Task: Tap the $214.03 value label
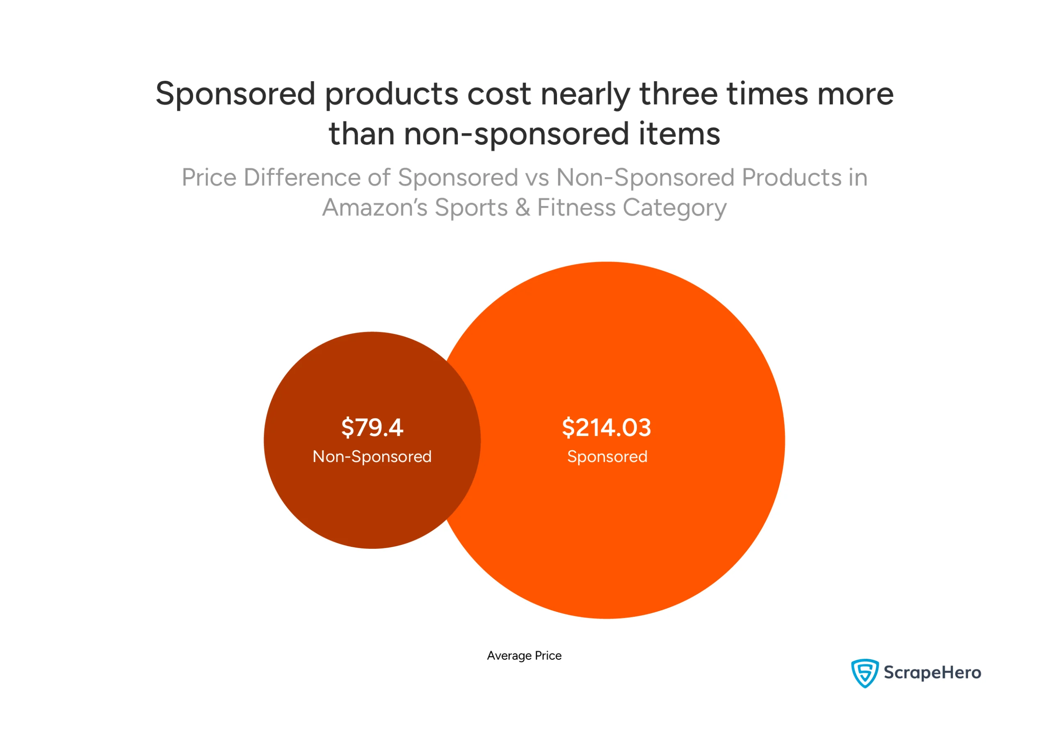tap(606, 427)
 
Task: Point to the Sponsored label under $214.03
tap(607, 457)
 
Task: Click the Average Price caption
tap(524, 655)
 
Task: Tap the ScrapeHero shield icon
tap(864, 673)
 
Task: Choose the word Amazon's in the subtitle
tap(375, 207)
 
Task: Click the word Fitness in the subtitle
tap(576, 207)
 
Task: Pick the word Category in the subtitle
tap(675, 208)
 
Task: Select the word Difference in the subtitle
tap(302, 178)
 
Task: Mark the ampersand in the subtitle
tap(522, 207)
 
